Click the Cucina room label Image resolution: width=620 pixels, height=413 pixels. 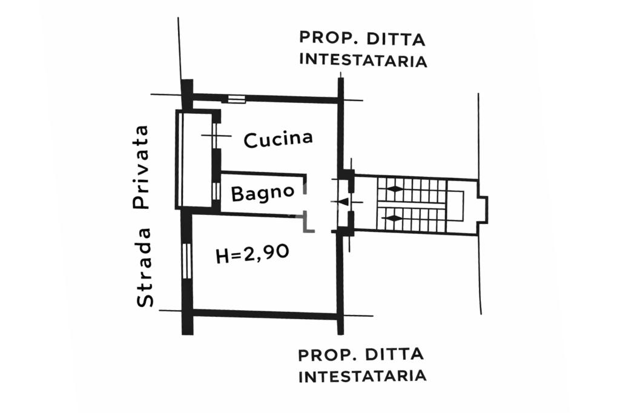click(x=278, y=139)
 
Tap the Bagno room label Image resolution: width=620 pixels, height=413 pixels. click(x=263, y=193)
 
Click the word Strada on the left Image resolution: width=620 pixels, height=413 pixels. click(x=144, y=267)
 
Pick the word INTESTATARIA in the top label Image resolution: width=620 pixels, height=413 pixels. click(x=363, y=61)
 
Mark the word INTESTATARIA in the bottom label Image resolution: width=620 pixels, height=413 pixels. click(x=363, y=376)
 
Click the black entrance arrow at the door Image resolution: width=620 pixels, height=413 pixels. click(x=343, y=202)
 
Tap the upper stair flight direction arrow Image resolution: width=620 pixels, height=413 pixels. click(x=395, y=189)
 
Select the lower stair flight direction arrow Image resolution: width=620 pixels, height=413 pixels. click(x=395, y=217)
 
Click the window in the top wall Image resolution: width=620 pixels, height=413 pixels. click(x=237, y=99)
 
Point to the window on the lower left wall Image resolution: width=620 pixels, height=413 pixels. click(x=186, y=261)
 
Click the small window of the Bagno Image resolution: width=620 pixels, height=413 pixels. click(x=216, y=191)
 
